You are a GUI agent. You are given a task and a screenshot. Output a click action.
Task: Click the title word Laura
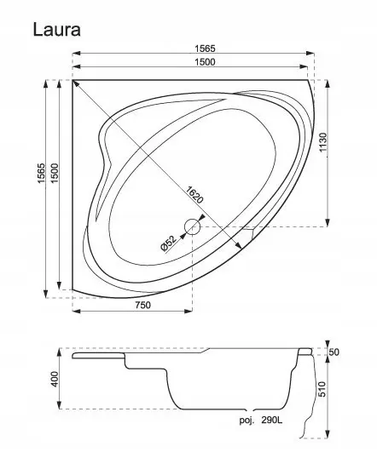coord(57,30)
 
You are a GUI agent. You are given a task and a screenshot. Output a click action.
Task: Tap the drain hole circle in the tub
coord(193,226)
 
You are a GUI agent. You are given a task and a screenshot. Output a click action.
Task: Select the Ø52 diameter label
coord(169,243)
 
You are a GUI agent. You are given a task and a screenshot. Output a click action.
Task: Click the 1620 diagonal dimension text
coord(194,195)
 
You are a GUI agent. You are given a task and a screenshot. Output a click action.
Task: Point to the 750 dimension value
coord(142,305)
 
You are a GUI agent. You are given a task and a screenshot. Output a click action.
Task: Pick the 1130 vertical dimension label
coord(323,143)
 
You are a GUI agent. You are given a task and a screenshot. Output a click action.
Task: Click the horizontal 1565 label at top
coord(205,49)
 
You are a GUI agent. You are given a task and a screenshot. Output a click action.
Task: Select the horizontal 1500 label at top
coord(205,62)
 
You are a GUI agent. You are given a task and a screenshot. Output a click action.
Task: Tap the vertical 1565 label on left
coord(41,174)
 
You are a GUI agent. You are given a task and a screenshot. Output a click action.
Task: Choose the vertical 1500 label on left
coord(55,174)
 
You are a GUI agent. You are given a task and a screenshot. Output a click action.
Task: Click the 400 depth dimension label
coord(55,379)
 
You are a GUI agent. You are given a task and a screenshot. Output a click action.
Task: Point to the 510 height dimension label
coord(322,389)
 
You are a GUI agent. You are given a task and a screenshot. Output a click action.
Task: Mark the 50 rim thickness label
coord(333,352)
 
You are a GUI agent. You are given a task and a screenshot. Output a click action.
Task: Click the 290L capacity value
coord(272,420)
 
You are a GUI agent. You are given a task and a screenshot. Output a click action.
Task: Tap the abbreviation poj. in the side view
coord(246,421)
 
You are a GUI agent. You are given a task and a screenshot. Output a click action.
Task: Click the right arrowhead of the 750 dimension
coord(188,311)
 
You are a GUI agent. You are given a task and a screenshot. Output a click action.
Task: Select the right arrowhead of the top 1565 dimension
coord(310,54)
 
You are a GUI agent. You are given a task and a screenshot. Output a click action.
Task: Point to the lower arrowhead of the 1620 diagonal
coord(239,247)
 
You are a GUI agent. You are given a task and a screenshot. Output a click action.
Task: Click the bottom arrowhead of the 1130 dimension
coord(328,223)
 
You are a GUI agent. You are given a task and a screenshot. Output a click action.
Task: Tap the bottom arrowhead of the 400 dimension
coord(60,405)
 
